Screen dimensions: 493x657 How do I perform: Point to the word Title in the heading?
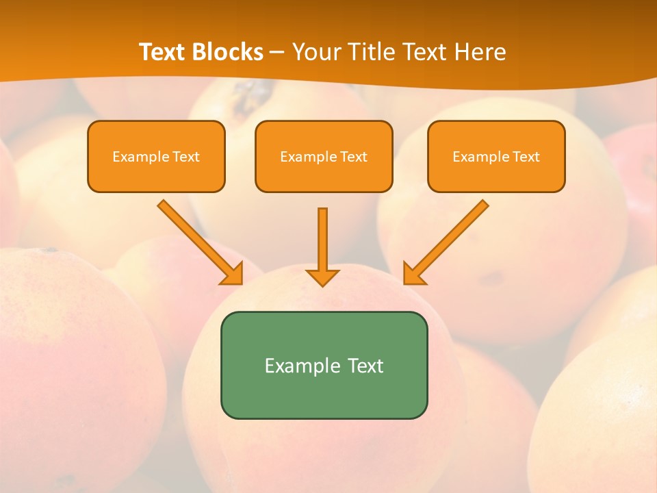374,52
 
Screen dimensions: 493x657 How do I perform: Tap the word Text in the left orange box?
185,157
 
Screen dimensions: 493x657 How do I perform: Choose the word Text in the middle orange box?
353,157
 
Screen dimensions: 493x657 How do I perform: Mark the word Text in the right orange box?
526,157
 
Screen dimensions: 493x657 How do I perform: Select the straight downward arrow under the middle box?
322,243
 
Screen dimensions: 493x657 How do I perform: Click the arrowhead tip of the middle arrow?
322,285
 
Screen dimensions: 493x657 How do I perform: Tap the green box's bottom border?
324,418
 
